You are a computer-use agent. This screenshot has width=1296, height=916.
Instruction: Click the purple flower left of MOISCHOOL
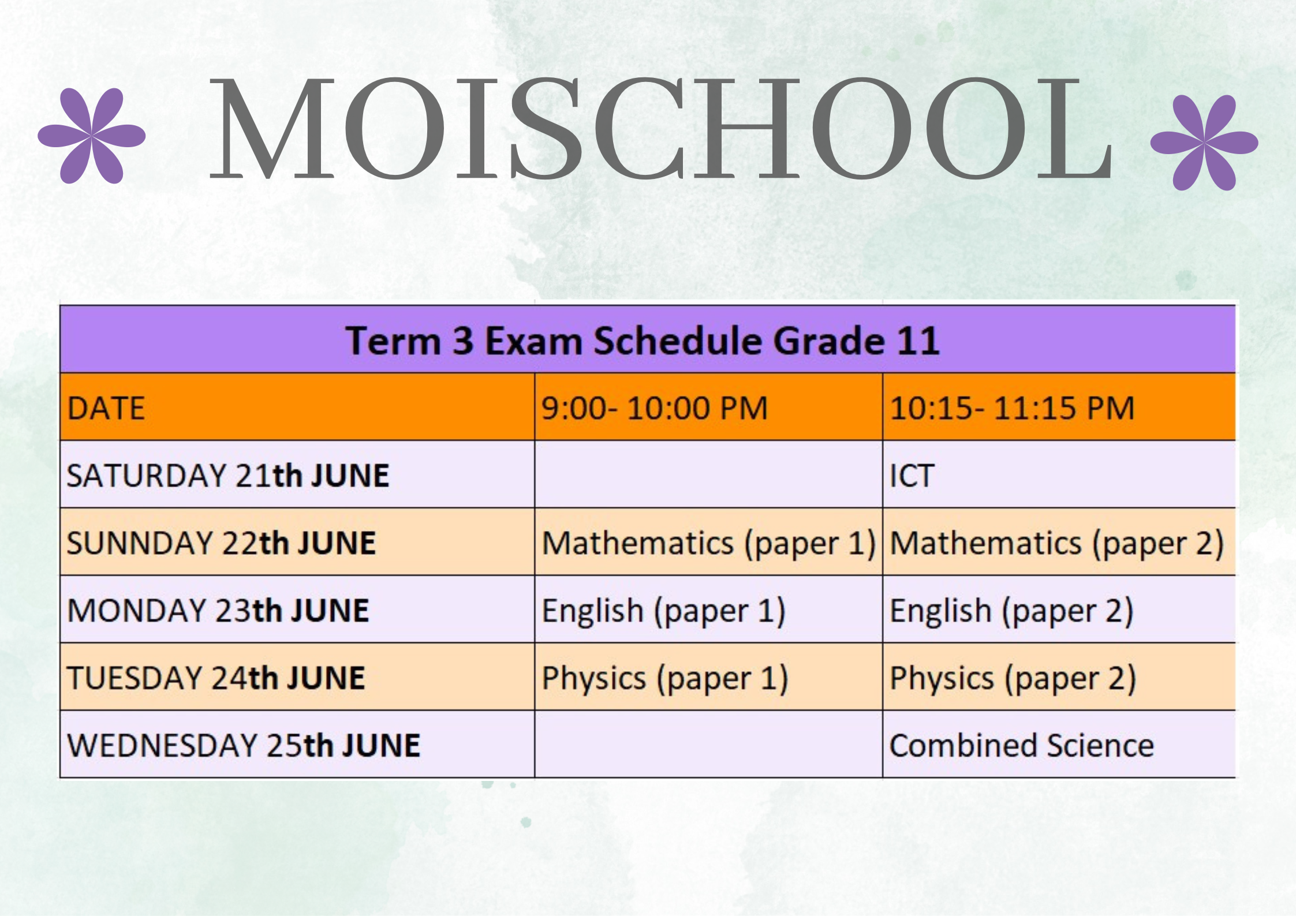(91, 136)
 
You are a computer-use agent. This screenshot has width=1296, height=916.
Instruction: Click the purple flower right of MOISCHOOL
(1204, 143)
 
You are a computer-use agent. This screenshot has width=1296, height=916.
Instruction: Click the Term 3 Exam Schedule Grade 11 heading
(643, 341)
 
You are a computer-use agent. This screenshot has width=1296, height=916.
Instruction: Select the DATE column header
(106, 408)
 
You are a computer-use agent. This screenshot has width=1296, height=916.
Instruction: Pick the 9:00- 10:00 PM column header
(655, 408)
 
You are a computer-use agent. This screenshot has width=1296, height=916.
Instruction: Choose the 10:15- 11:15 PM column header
(1013, 408)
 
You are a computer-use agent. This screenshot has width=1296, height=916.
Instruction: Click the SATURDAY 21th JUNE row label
(228, 476)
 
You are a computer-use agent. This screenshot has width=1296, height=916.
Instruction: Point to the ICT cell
(912, 476)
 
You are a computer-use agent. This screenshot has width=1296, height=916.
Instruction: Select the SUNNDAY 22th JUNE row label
(221, 543)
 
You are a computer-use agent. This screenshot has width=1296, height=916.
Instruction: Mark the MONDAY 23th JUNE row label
(218, 611)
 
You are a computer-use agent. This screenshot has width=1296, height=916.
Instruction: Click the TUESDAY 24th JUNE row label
(216, 678)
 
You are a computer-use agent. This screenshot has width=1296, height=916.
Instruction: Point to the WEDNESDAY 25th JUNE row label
(244, 745)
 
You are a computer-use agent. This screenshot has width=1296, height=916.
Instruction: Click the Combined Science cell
(1022, 745)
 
